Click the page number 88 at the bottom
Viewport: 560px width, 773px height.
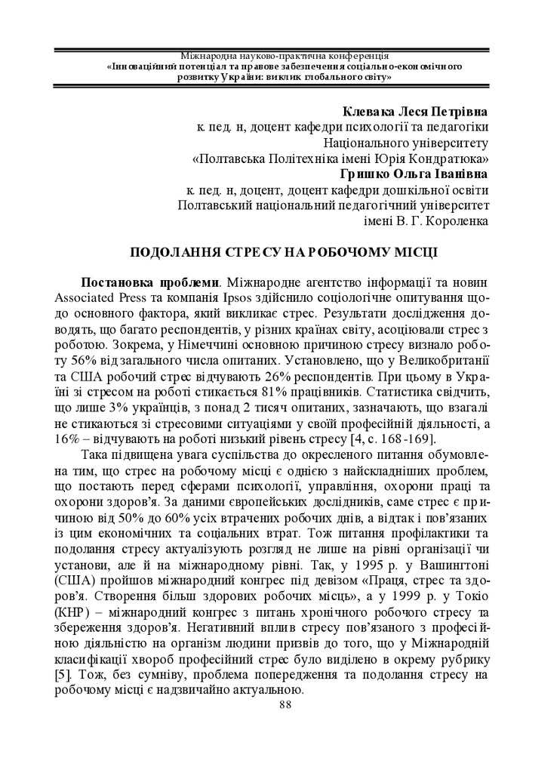coord(285,705)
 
